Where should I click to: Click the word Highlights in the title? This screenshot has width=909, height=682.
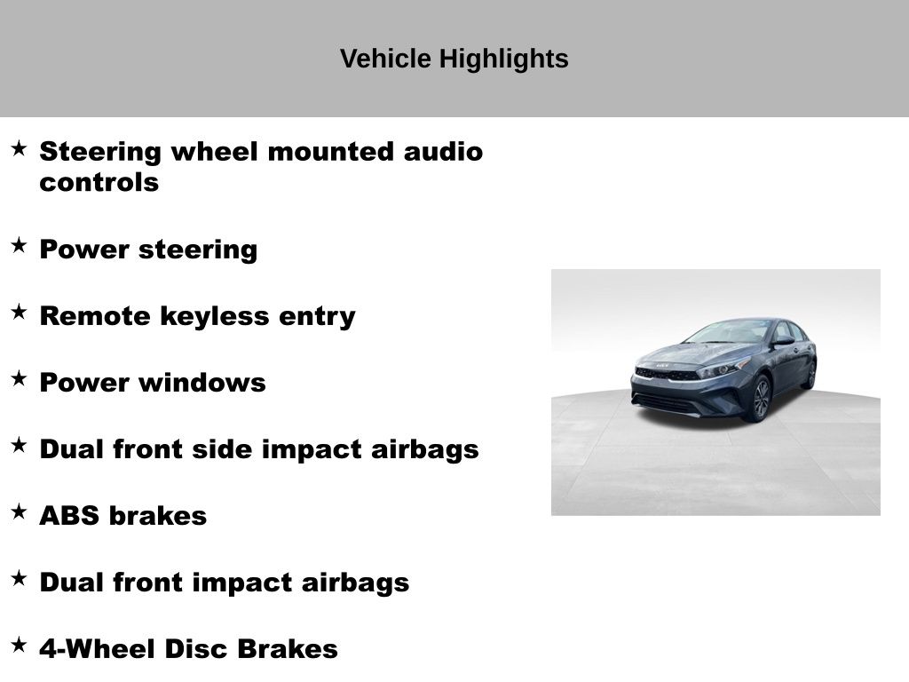[x=503, y=59]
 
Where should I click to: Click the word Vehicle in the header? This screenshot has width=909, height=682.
[x=385, y=59]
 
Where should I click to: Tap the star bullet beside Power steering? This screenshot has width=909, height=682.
[x=19, y=245]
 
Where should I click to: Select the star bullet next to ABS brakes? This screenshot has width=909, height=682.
[x=19, y=511]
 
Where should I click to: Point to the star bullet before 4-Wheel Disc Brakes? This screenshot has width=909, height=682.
[x=19, y=645]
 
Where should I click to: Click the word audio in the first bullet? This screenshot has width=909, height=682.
[x=443, y=152]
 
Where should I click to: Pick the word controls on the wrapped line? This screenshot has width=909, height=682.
[x=99, y=182]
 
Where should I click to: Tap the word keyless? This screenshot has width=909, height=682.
[x=215, y=317]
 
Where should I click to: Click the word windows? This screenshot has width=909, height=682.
[x=202, y=383]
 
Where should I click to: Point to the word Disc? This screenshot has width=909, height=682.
[x=196, y=649]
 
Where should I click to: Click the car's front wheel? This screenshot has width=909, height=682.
[x=760, y=399]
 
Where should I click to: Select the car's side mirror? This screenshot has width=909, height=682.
[x=784, y=340]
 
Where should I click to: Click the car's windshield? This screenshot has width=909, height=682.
[x=728, y=332]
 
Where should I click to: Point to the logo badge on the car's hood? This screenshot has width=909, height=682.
[x=662, y=365]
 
